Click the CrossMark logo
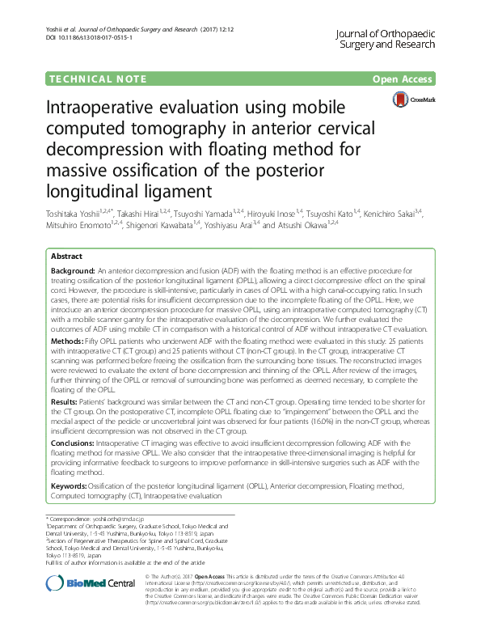click(x=412, y=100)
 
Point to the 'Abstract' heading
click(x=66, y=256)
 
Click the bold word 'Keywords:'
click(x=71, y=485)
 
